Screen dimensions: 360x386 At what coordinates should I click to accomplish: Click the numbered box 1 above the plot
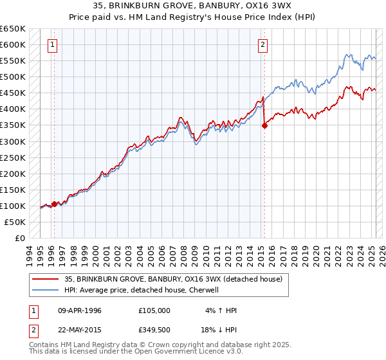tap(52, 45)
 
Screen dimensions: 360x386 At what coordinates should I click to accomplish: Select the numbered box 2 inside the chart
tap(263, 45)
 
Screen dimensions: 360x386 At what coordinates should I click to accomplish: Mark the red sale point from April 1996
tap(54, 204)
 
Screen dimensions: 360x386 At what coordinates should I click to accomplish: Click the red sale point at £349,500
tap(264, 125)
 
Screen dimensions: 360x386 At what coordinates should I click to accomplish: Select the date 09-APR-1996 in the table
tap(80, 310)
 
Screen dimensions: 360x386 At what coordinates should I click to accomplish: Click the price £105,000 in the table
tap(154, 310)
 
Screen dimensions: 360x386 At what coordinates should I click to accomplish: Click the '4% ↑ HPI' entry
tap(221, 310)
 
